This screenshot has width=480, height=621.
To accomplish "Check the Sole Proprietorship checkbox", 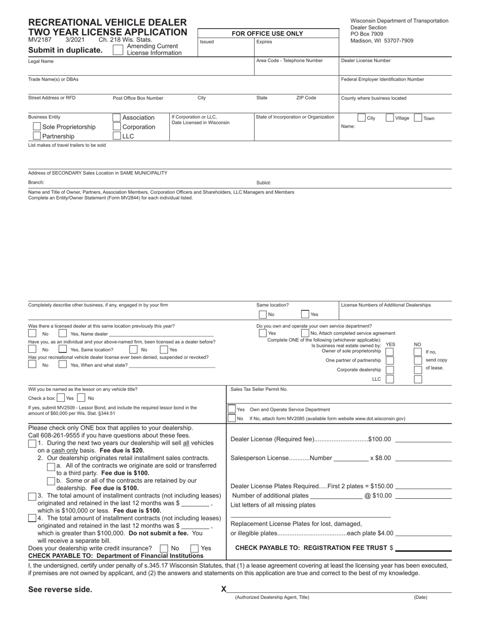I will click(37, 127).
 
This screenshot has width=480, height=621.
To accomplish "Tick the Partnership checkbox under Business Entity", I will click(37, 136).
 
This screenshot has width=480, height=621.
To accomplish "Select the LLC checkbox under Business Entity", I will click(117, 136).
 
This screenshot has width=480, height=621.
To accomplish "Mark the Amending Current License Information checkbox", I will click(117, 49).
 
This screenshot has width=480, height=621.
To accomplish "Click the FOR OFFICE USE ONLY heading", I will click(267, 34).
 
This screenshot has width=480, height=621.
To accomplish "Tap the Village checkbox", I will click(390, 118).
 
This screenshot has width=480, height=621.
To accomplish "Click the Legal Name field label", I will click(41, 61).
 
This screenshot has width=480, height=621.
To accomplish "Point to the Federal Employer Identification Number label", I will click(382, 79).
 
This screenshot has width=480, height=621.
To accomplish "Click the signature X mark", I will click(224, 589).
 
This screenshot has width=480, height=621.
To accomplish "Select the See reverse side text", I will click(60, 589).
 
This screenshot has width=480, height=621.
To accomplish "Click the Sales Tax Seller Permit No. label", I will click(259, 389).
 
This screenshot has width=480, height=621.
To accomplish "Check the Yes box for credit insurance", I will click(194, 548).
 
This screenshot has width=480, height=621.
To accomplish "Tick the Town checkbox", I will click(418, 118).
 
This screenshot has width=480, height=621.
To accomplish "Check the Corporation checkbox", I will click(117, 127).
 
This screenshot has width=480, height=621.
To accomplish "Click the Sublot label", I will click(264, 183).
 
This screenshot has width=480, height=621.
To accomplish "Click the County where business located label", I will click(373, 98).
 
